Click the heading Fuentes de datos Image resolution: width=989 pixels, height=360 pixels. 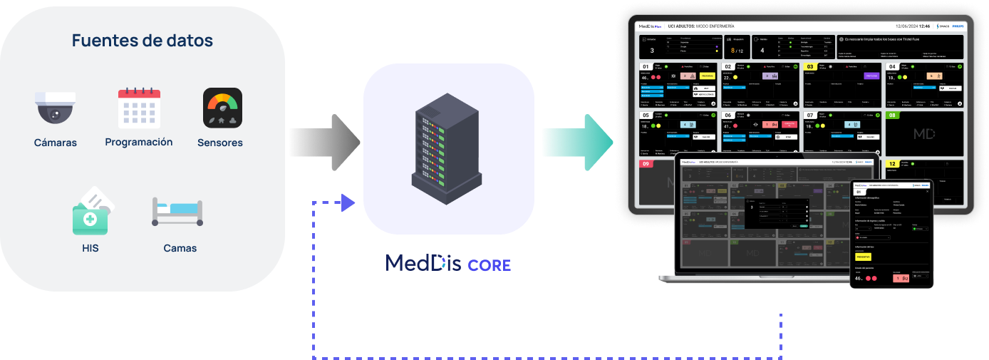tap(143, 41)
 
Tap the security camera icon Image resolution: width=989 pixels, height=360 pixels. tap(55, 108)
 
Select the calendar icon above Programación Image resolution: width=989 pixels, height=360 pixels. tap(139, 108)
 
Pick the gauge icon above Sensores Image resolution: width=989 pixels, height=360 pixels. tap(222, 108)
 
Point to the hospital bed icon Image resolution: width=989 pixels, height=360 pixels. tap(178, 212)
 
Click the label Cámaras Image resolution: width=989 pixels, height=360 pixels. tap(56, 143)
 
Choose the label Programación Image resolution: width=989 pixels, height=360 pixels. tap(139, 142)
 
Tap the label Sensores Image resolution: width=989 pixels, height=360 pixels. tap(220, 143)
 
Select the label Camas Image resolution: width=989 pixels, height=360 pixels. tap(180, 248)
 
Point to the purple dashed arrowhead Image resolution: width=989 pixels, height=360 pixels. tap(348, 202)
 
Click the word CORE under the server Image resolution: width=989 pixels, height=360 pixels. tap(490, 265)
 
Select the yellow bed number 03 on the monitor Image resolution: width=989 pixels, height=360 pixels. tap(810, 66)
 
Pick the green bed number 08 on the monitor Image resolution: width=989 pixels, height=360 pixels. tap(892, 115)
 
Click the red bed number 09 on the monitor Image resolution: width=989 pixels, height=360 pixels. tap(646, 164)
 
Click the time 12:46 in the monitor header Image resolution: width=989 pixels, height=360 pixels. tap(924, 26)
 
